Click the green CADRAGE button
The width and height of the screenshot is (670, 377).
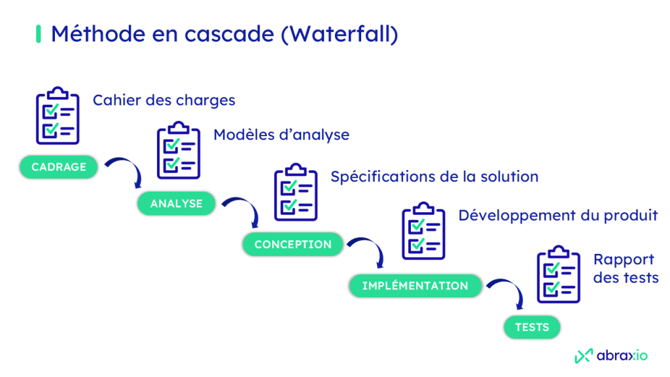point(59,167)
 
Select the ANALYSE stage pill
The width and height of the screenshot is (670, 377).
point(177,204)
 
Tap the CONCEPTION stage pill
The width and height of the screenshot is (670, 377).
point(293,244)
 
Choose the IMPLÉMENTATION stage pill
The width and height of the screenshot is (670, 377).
point(415,286)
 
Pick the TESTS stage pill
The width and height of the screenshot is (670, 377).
point(532,327)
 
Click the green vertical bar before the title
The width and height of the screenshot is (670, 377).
point(38,34)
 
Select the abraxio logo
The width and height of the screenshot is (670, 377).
point(610,355)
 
